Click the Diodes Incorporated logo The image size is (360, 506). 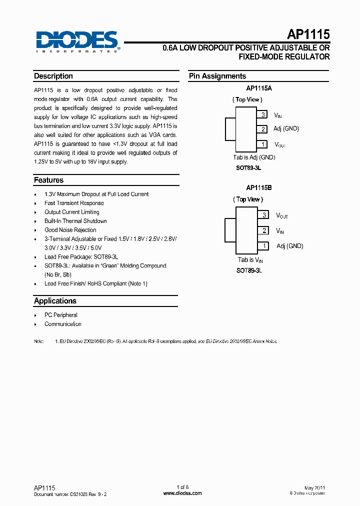77,41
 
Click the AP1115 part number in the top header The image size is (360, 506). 308,34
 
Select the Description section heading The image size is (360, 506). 53,76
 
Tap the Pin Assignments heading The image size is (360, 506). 217,76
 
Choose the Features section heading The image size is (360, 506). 48,180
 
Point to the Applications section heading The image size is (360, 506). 55,300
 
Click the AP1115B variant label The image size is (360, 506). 258,188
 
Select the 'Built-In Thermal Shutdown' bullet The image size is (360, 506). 75,221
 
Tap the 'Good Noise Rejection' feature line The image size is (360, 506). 70,230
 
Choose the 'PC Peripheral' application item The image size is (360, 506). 61,315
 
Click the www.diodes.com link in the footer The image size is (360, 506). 182,493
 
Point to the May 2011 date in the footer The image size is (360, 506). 314,487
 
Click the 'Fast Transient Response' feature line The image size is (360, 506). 74,203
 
